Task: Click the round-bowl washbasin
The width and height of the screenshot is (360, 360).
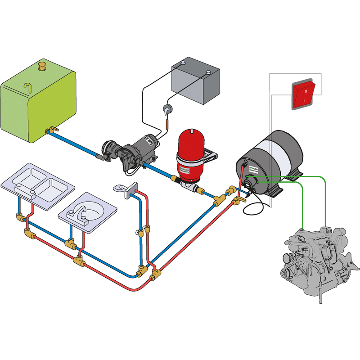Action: [88, 211]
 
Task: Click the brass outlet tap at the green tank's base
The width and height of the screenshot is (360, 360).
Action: [51, 131]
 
